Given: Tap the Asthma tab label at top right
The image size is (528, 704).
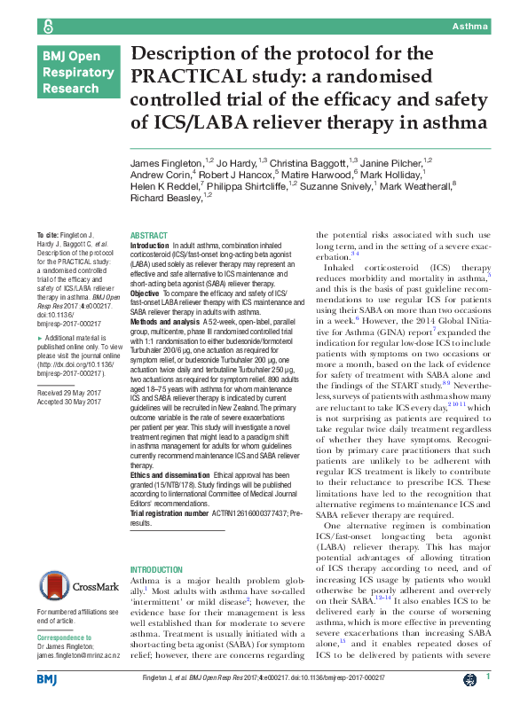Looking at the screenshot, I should (x=470, y=27).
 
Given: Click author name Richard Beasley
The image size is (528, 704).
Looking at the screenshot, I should (x=164, y=197).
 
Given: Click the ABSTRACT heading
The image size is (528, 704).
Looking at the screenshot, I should (x=149, y=235).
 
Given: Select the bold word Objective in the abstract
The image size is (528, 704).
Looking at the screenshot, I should (x=146, y=293).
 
